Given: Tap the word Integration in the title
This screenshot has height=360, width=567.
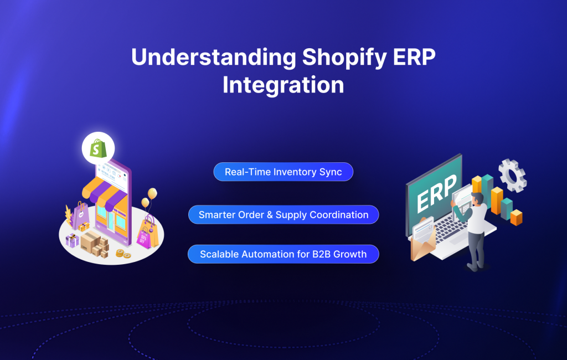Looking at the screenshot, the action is [x=283, y=85].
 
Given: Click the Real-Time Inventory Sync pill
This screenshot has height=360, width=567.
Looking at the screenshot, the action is [x=283, y=172].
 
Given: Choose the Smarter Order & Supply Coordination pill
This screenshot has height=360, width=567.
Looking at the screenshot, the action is [x=283, y=214].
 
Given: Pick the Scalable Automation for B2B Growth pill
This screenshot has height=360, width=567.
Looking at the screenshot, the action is [x=283, y=254].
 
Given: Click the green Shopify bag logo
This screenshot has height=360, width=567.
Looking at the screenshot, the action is [x=98, y=148].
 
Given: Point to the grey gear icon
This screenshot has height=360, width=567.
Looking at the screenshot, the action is [x=512, y=175].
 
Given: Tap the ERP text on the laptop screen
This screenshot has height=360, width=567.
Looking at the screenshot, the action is [x=436, y=193].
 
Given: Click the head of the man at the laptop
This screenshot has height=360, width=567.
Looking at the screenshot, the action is [x=477, y=199].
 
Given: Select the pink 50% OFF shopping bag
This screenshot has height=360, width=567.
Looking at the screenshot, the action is [x=144, y=238].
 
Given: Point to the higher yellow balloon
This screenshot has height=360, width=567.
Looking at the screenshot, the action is [x=152, y=193].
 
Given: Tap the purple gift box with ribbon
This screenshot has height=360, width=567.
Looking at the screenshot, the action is [x=72, y=240].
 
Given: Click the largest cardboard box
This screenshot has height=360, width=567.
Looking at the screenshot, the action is [x=90, y=241].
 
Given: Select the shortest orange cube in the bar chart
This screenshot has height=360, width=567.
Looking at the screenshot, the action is [x=517, y=218].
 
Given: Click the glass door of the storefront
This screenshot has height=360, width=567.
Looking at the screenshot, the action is [x=110, y=220].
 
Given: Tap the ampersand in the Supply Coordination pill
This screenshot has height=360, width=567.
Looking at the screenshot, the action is [x=270, y=215].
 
